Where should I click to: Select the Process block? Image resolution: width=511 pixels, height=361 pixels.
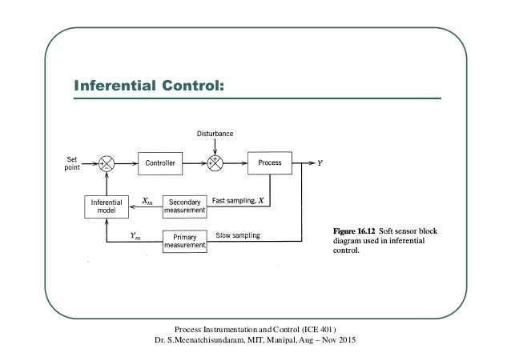tap(270, 162)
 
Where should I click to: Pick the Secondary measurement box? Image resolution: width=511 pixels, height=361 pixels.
tap(186, 206)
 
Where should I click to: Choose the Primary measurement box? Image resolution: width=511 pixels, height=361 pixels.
tap(186, 241)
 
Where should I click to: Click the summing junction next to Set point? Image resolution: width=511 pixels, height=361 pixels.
tap(107, 162)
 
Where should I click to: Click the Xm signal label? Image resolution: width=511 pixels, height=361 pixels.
tap(149, 201)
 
